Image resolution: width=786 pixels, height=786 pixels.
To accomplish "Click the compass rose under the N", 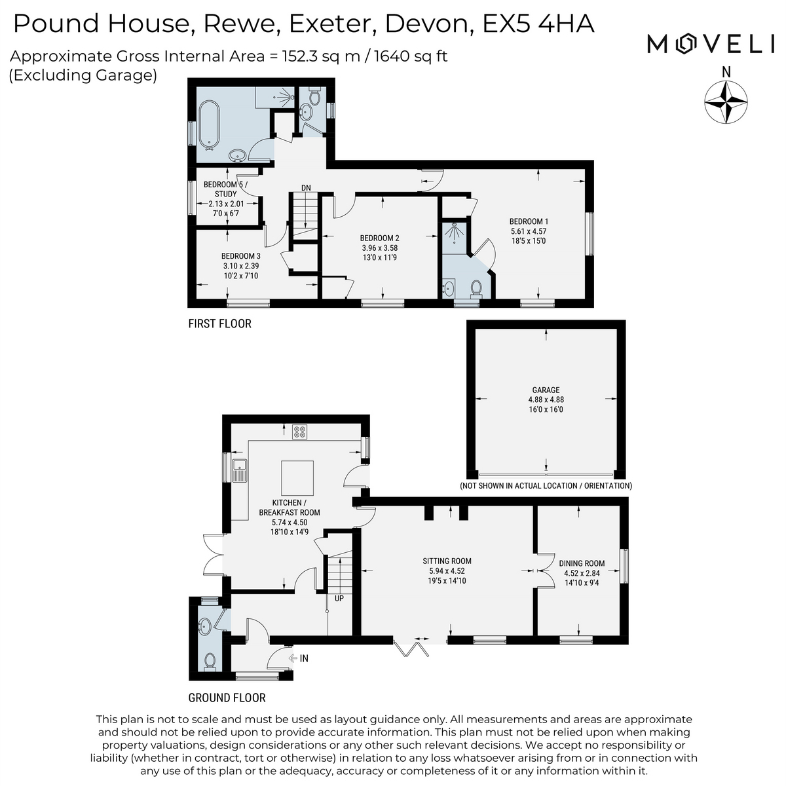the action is pyautogui.click(x=726, y=102).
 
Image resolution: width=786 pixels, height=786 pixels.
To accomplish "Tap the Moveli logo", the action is pyautogui.click(x=711, y=44).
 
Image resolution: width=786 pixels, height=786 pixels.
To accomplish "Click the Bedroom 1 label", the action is pyautogui.click(x=529, y=231).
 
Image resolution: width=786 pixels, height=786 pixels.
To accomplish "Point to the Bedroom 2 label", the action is pyautogui.click(x=379, y=248).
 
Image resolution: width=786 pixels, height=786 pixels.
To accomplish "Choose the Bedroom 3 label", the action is pyautogui.click(x=240, y=265).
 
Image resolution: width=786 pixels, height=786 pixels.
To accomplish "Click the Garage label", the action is pyautogui.click(x=546, y=400).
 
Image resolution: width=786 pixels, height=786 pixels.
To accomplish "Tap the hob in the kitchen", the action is pyautogui.click(x=300, y=432).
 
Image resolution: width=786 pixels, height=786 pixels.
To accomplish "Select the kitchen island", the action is pyautogui.click(x=297, y=477).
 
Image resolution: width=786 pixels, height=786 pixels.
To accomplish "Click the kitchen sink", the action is pyautogui.click(x=239, y=470).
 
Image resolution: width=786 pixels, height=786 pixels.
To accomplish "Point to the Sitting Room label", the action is pyautogui.click(x=447, y=571).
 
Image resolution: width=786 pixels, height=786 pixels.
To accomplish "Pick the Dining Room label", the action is pyautogui.click(x=582, y=572).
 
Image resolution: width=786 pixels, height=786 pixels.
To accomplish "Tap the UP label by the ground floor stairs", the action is pyautogui.click(x=339, y=599).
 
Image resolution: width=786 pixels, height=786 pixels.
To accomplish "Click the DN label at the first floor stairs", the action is pyautogui.click(x=306, y=187).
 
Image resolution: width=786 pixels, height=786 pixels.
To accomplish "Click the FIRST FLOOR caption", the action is pyautogui.click(x=219, y=324).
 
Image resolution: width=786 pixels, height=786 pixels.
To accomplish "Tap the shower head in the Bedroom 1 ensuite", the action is pyautogui.click(x=453, y=233).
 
